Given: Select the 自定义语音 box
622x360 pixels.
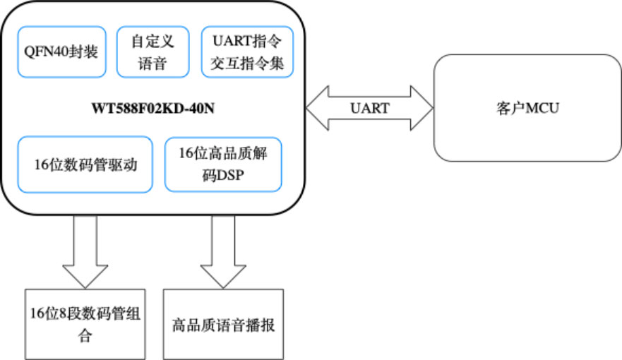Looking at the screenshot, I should tap(152, 52).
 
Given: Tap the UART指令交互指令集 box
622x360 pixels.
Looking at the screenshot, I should tap(247, 52).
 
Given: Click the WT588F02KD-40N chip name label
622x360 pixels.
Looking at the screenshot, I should tap(154, 109).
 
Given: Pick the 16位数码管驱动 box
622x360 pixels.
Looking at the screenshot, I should tap(85, 165).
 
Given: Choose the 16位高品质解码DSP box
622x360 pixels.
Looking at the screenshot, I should tap(223, 164).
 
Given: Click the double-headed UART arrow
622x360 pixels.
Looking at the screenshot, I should tap(369, 108).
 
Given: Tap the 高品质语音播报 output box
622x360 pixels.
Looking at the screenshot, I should tap(223, 324).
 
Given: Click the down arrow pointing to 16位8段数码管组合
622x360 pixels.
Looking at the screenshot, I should tap(85, 251).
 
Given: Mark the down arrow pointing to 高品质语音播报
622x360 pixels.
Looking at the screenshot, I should tap(223, 251).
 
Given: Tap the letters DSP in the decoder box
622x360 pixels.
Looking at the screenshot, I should tap(231, 175).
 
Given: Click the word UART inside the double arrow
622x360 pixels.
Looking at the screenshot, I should tap(369, 108).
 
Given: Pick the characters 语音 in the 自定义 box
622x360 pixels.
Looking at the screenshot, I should tap(152, 64).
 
